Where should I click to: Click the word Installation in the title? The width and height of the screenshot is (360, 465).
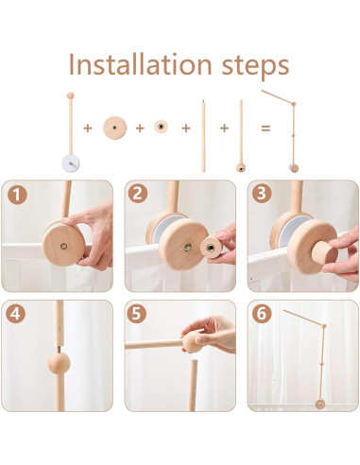coord(140,64)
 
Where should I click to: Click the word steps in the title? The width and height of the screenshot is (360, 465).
coord(255,67)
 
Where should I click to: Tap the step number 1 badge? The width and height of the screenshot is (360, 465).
coord(17,195)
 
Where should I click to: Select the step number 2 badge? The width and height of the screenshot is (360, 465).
coord(138,194)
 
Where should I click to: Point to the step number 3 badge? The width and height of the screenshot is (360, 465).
coord(262,194)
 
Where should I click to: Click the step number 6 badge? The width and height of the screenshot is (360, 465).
coord(262,313)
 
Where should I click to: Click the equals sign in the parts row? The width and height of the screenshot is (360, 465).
coord(266,129)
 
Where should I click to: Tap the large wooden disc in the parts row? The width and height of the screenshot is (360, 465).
coord(115,128)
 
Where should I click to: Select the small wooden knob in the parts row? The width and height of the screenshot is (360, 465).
coord(161,127)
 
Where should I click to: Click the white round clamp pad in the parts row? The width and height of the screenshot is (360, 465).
coord(71,164)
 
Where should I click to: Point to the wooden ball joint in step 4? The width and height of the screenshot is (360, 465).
coord(59,363)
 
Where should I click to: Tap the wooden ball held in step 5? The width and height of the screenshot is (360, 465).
coord(193,341)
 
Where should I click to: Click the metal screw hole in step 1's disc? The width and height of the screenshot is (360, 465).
coord(64,246)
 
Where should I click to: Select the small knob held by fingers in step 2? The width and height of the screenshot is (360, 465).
coord(211,248)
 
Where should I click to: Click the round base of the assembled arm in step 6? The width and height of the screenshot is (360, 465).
coord(320,404)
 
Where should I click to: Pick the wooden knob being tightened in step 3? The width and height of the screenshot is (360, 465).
coord(324,252)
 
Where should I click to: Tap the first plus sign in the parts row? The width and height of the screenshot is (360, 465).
coord(88,129)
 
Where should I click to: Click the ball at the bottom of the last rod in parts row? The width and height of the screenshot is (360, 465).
coord(241,167)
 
